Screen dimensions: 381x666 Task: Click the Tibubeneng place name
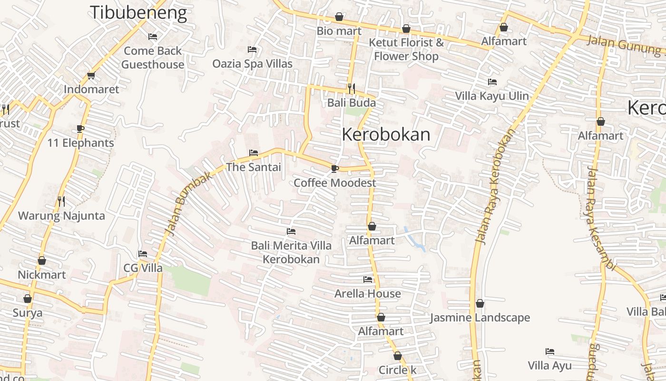138,12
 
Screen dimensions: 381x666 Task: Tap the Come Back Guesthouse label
153,58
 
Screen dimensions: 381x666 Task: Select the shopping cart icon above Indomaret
91,75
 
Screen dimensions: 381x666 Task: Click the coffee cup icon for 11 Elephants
80,129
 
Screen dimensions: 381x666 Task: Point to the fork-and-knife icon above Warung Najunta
61,201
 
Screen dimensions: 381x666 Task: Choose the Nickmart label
42,275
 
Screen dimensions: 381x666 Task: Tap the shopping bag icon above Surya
28,299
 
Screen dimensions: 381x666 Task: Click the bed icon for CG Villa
143,253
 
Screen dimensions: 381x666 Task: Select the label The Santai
254,167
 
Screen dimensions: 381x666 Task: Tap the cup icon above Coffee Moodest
335,168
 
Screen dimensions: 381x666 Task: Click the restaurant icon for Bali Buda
351,88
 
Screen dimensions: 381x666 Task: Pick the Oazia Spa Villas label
252,63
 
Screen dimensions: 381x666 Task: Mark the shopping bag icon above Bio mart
339,17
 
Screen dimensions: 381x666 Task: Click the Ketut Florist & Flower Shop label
406,49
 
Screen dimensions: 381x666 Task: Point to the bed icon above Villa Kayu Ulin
492,82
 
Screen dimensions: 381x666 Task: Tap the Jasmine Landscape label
480,318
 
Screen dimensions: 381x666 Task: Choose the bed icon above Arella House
368,279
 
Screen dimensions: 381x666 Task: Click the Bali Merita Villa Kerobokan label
291,252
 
